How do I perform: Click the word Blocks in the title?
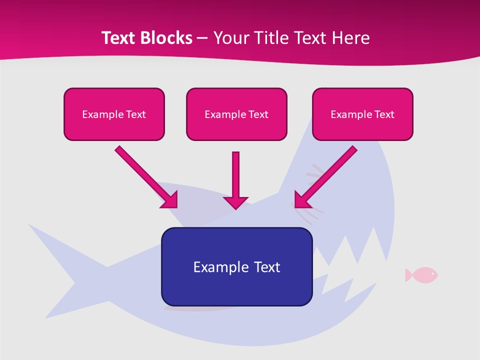(x=168, y=38)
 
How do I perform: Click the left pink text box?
(x=114, y=114)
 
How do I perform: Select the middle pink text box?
(x=236, y=114)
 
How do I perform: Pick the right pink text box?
(x=362, y=114)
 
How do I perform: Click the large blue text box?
(x=236, y=266)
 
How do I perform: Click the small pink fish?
(x=422, y=274)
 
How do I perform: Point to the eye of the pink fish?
(x=432, y=273)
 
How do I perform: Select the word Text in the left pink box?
(x=135, y=114)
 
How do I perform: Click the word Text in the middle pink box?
(x=258, y=114)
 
